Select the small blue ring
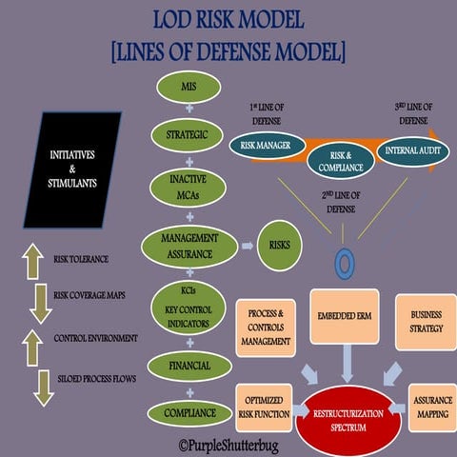[x=344, y=261]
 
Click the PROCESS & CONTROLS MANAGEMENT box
[x=268, y=327]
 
